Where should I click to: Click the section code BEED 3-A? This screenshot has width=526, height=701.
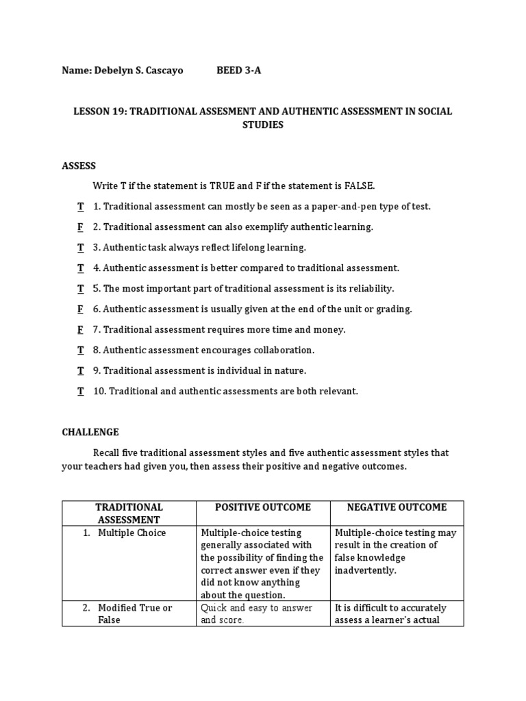239,71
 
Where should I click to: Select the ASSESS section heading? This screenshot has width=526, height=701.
79,166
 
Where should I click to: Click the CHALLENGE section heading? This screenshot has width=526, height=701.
90,432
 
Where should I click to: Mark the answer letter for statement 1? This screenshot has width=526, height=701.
80,207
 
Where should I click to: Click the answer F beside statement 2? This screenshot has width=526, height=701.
80,227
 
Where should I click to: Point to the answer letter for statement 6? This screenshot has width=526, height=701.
80,309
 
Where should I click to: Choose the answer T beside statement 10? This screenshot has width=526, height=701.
80,392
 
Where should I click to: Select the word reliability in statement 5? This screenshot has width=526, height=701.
370,289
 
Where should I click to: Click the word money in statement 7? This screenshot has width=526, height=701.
329,330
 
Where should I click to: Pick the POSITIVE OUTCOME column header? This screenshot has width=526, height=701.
263,507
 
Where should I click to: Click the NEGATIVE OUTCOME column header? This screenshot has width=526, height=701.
397,507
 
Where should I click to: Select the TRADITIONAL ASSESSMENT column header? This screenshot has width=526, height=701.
129,513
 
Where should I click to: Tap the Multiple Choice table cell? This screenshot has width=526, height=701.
131,533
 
